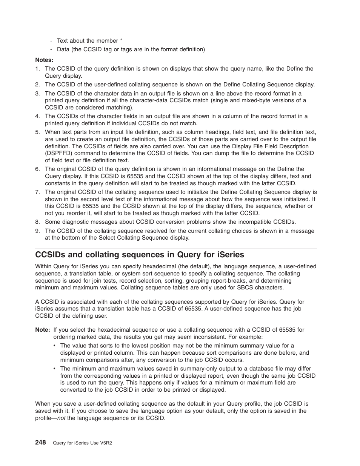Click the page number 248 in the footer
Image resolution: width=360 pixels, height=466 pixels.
(x=40, y=442)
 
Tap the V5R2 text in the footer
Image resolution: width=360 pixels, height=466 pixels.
(x=105, y=443)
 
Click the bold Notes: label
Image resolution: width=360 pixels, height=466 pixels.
(x=44, y=60)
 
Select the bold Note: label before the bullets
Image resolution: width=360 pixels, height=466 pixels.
(x=42, y=329)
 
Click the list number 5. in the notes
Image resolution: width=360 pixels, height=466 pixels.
(x=37, y=132)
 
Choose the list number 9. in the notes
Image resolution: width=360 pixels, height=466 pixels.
(x=37, y=231)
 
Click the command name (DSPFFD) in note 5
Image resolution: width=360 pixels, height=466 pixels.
(x=57, y=153)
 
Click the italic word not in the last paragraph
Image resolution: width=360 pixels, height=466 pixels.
(x=61, y=418)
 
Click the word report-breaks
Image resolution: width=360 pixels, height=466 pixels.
(x=230, y=281)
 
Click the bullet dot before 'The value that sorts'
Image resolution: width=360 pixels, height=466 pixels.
(x=55, y=346)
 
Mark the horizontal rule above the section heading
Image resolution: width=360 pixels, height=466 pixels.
(x=176, y=249)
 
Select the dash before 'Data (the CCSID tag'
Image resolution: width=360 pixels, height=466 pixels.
(x=51, y=49)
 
